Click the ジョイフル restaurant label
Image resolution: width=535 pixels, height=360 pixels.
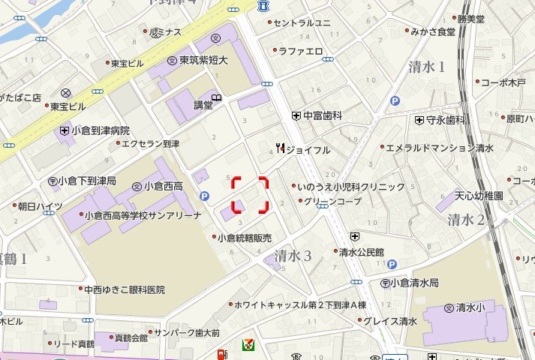[x=308, y=149]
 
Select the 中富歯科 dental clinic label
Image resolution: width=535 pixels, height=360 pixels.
[x=323, y=115]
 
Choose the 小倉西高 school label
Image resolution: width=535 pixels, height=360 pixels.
[x=163, y=185]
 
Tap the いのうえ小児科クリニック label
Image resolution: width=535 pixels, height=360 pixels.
[x=351, y=186]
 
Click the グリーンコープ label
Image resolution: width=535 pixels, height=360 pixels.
[x=332, y=201]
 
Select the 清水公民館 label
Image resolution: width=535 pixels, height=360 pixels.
[x=361, y=252]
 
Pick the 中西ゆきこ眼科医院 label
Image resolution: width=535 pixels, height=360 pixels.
[x=124, y=289]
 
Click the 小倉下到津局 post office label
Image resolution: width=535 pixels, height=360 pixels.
[x=87, y=181]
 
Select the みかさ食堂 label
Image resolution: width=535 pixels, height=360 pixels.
[x=431, y=31]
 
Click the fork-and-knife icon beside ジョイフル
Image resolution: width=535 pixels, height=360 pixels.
[x=280, y=148]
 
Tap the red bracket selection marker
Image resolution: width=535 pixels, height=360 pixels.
[x=250, y=195]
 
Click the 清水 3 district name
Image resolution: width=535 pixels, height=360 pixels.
[x=293, y=255]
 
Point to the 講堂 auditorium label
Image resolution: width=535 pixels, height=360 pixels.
[x=203, y=105]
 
